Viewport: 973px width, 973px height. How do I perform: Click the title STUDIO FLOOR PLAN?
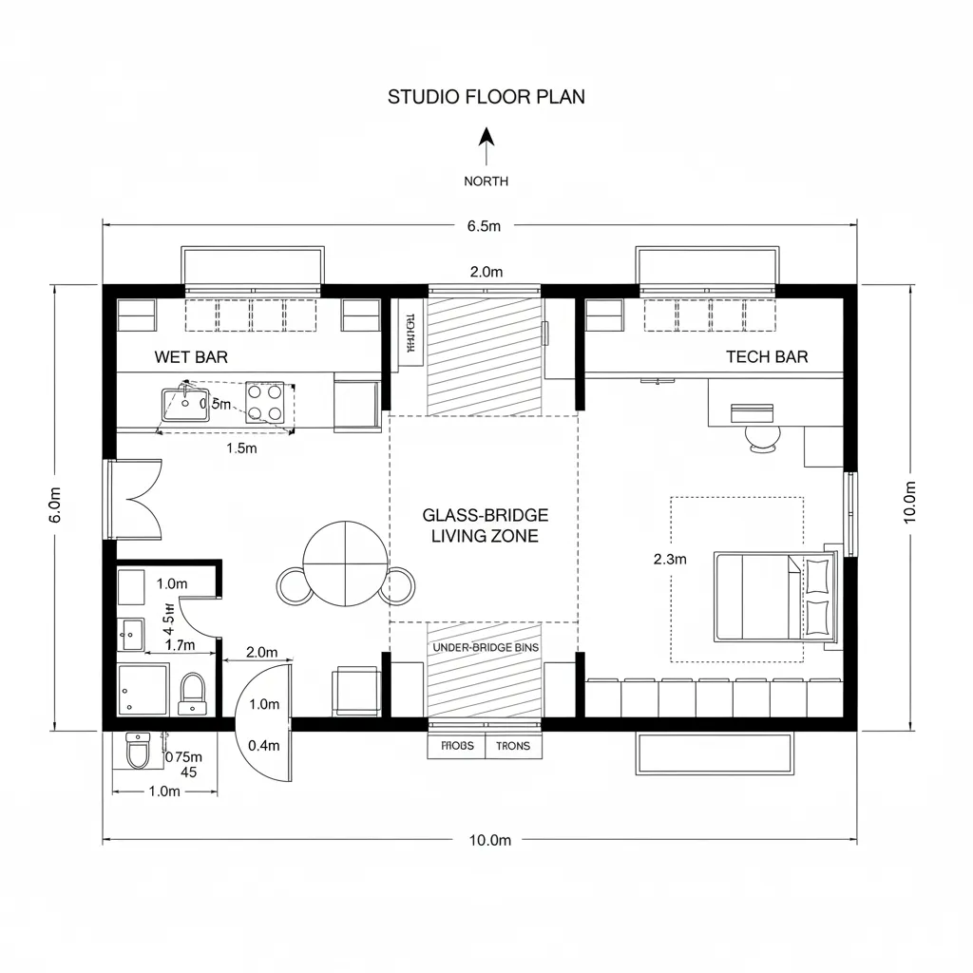(486, 97)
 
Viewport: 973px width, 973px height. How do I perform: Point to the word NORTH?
(486, 181)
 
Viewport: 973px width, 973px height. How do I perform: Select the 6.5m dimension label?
(484, 226)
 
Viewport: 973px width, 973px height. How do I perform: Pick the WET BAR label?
(191, 357)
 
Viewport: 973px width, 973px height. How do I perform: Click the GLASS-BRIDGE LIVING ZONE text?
(485, 525)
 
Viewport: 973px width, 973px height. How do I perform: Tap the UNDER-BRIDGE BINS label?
(485, 647)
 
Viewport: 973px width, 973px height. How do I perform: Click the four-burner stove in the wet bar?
(265, 402)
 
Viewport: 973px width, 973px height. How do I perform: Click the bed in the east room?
(772, 597)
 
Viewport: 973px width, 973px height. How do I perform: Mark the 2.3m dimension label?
(670, 560)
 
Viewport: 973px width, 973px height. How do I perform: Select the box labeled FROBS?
(457, 747)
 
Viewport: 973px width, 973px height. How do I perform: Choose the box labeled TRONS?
(514, 747)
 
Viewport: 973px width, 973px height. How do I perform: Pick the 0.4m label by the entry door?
(263, 746)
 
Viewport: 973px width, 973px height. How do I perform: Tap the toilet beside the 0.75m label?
(139, 753)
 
